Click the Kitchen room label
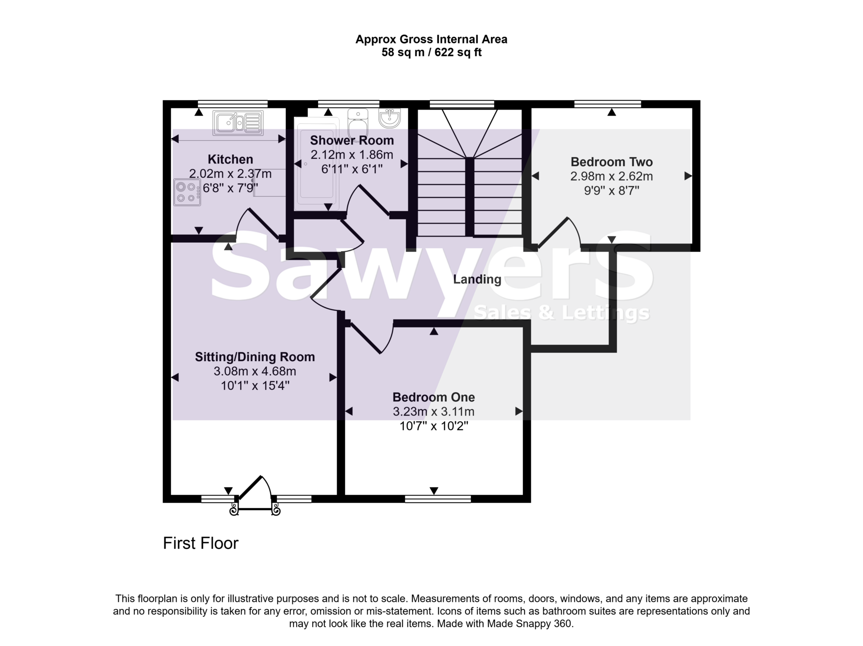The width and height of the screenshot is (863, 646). [x=230, y=159]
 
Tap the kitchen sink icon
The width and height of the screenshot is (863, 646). [x=238, y=123]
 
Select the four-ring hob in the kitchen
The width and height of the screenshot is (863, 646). [x=187, y=192]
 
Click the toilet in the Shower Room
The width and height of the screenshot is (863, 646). [x=358, y=121]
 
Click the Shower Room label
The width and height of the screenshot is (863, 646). [x=352, y=140]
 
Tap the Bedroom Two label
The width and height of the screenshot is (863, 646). [x=611, y=162]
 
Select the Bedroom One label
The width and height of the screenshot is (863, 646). [x=434, y=397]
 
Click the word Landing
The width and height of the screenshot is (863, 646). [x=477, y=279]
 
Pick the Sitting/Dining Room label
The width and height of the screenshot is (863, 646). [x=255, y=357]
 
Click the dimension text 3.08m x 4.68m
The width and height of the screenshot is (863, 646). [x=255, y=371]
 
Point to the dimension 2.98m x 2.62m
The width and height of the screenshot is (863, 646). [x=611, y=176]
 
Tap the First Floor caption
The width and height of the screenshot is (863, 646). [x=201, y=543]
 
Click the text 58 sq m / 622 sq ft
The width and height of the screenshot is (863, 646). [x=431, y=53]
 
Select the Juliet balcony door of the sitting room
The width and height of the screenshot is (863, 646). [x=255, y=495]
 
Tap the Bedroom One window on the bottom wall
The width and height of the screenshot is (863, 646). [x=437, y=499]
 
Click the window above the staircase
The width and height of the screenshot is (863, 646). [x=461, y=104]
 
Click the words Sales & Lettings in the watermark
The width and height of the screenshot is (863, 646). [x=561, y=313]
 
